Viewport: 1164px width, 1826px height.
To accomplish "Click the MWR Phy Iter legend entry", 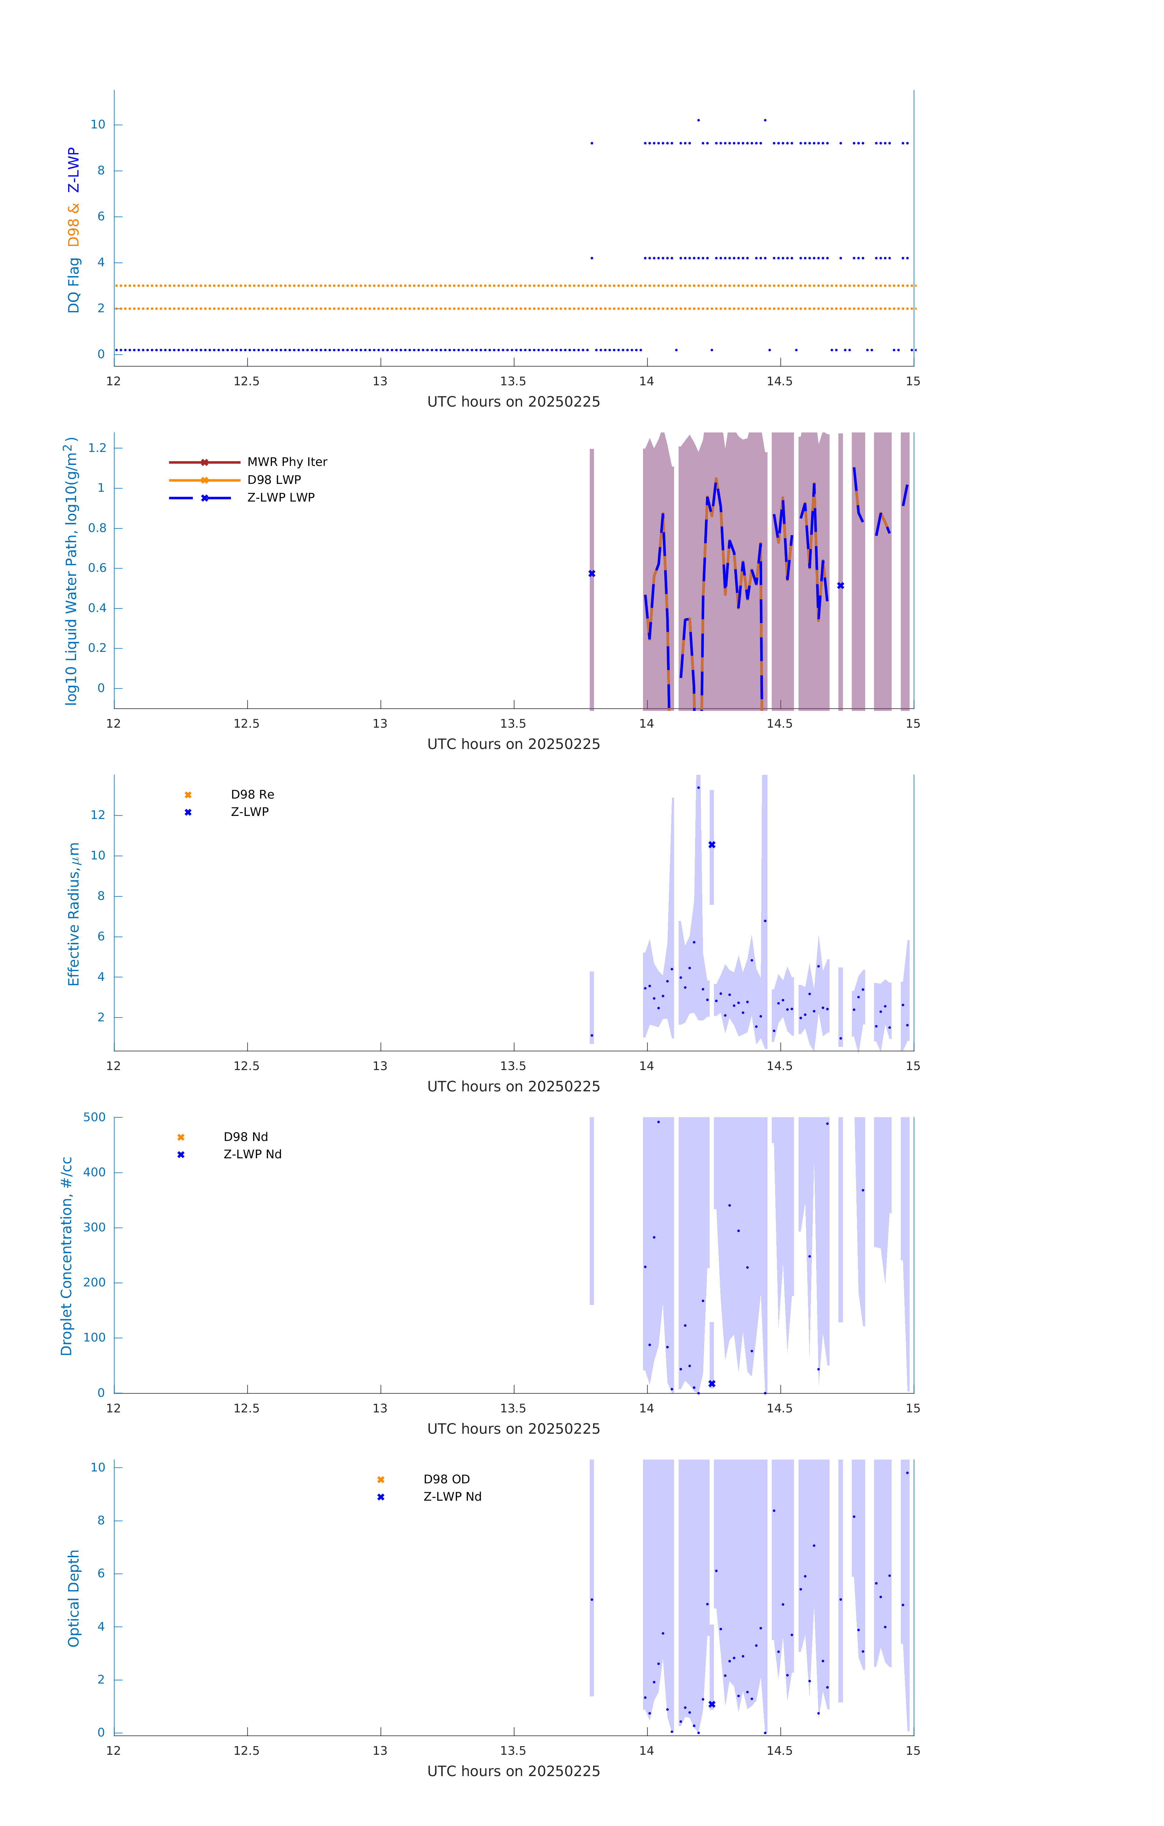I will [287, 462].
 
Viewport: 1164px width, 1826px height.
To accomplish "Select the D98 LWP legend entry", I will [274, 480].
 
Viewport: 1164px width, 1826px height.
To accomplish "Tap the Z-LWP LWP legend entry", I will [281, 498].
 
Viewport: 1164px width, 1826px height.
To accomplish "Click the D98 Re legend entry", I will [252, 795].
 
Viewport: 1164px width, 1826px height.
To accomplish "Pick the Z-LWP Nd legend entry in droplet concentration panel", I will [252, 1154].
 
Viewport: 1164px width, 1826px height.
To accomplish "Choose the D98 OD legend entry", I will [446, 1479].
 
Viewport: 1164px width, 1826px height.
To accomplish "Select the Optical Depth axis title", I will [74, 1598].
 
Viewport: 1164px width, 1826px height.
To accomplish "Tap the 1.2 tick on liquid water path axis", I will [97, 448].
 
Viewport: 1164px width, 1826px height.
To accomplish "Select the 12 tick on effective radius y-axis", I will [98, 815].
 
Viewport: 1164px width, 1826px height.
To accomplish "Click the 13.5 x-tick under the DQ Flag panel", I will [513, 381].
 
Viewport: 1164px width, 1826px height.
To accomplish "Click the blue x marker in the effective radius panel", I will [711, 845].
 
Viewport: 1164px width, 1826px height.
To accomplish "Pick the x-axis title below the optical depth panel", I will [513, 1772].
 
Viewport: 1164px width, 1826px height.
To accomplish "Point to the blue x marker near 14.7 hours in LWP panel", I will [840, 586].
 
